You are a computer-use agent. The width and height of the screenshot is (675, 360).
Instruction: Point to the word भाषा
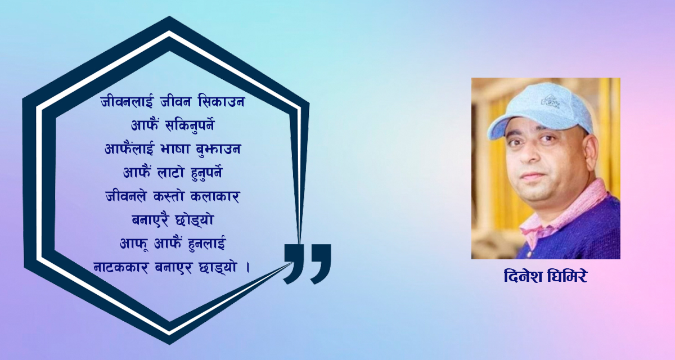[191, 150]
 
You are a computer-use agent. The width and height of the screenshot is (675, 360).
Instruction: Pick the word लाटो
[176, 173]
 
